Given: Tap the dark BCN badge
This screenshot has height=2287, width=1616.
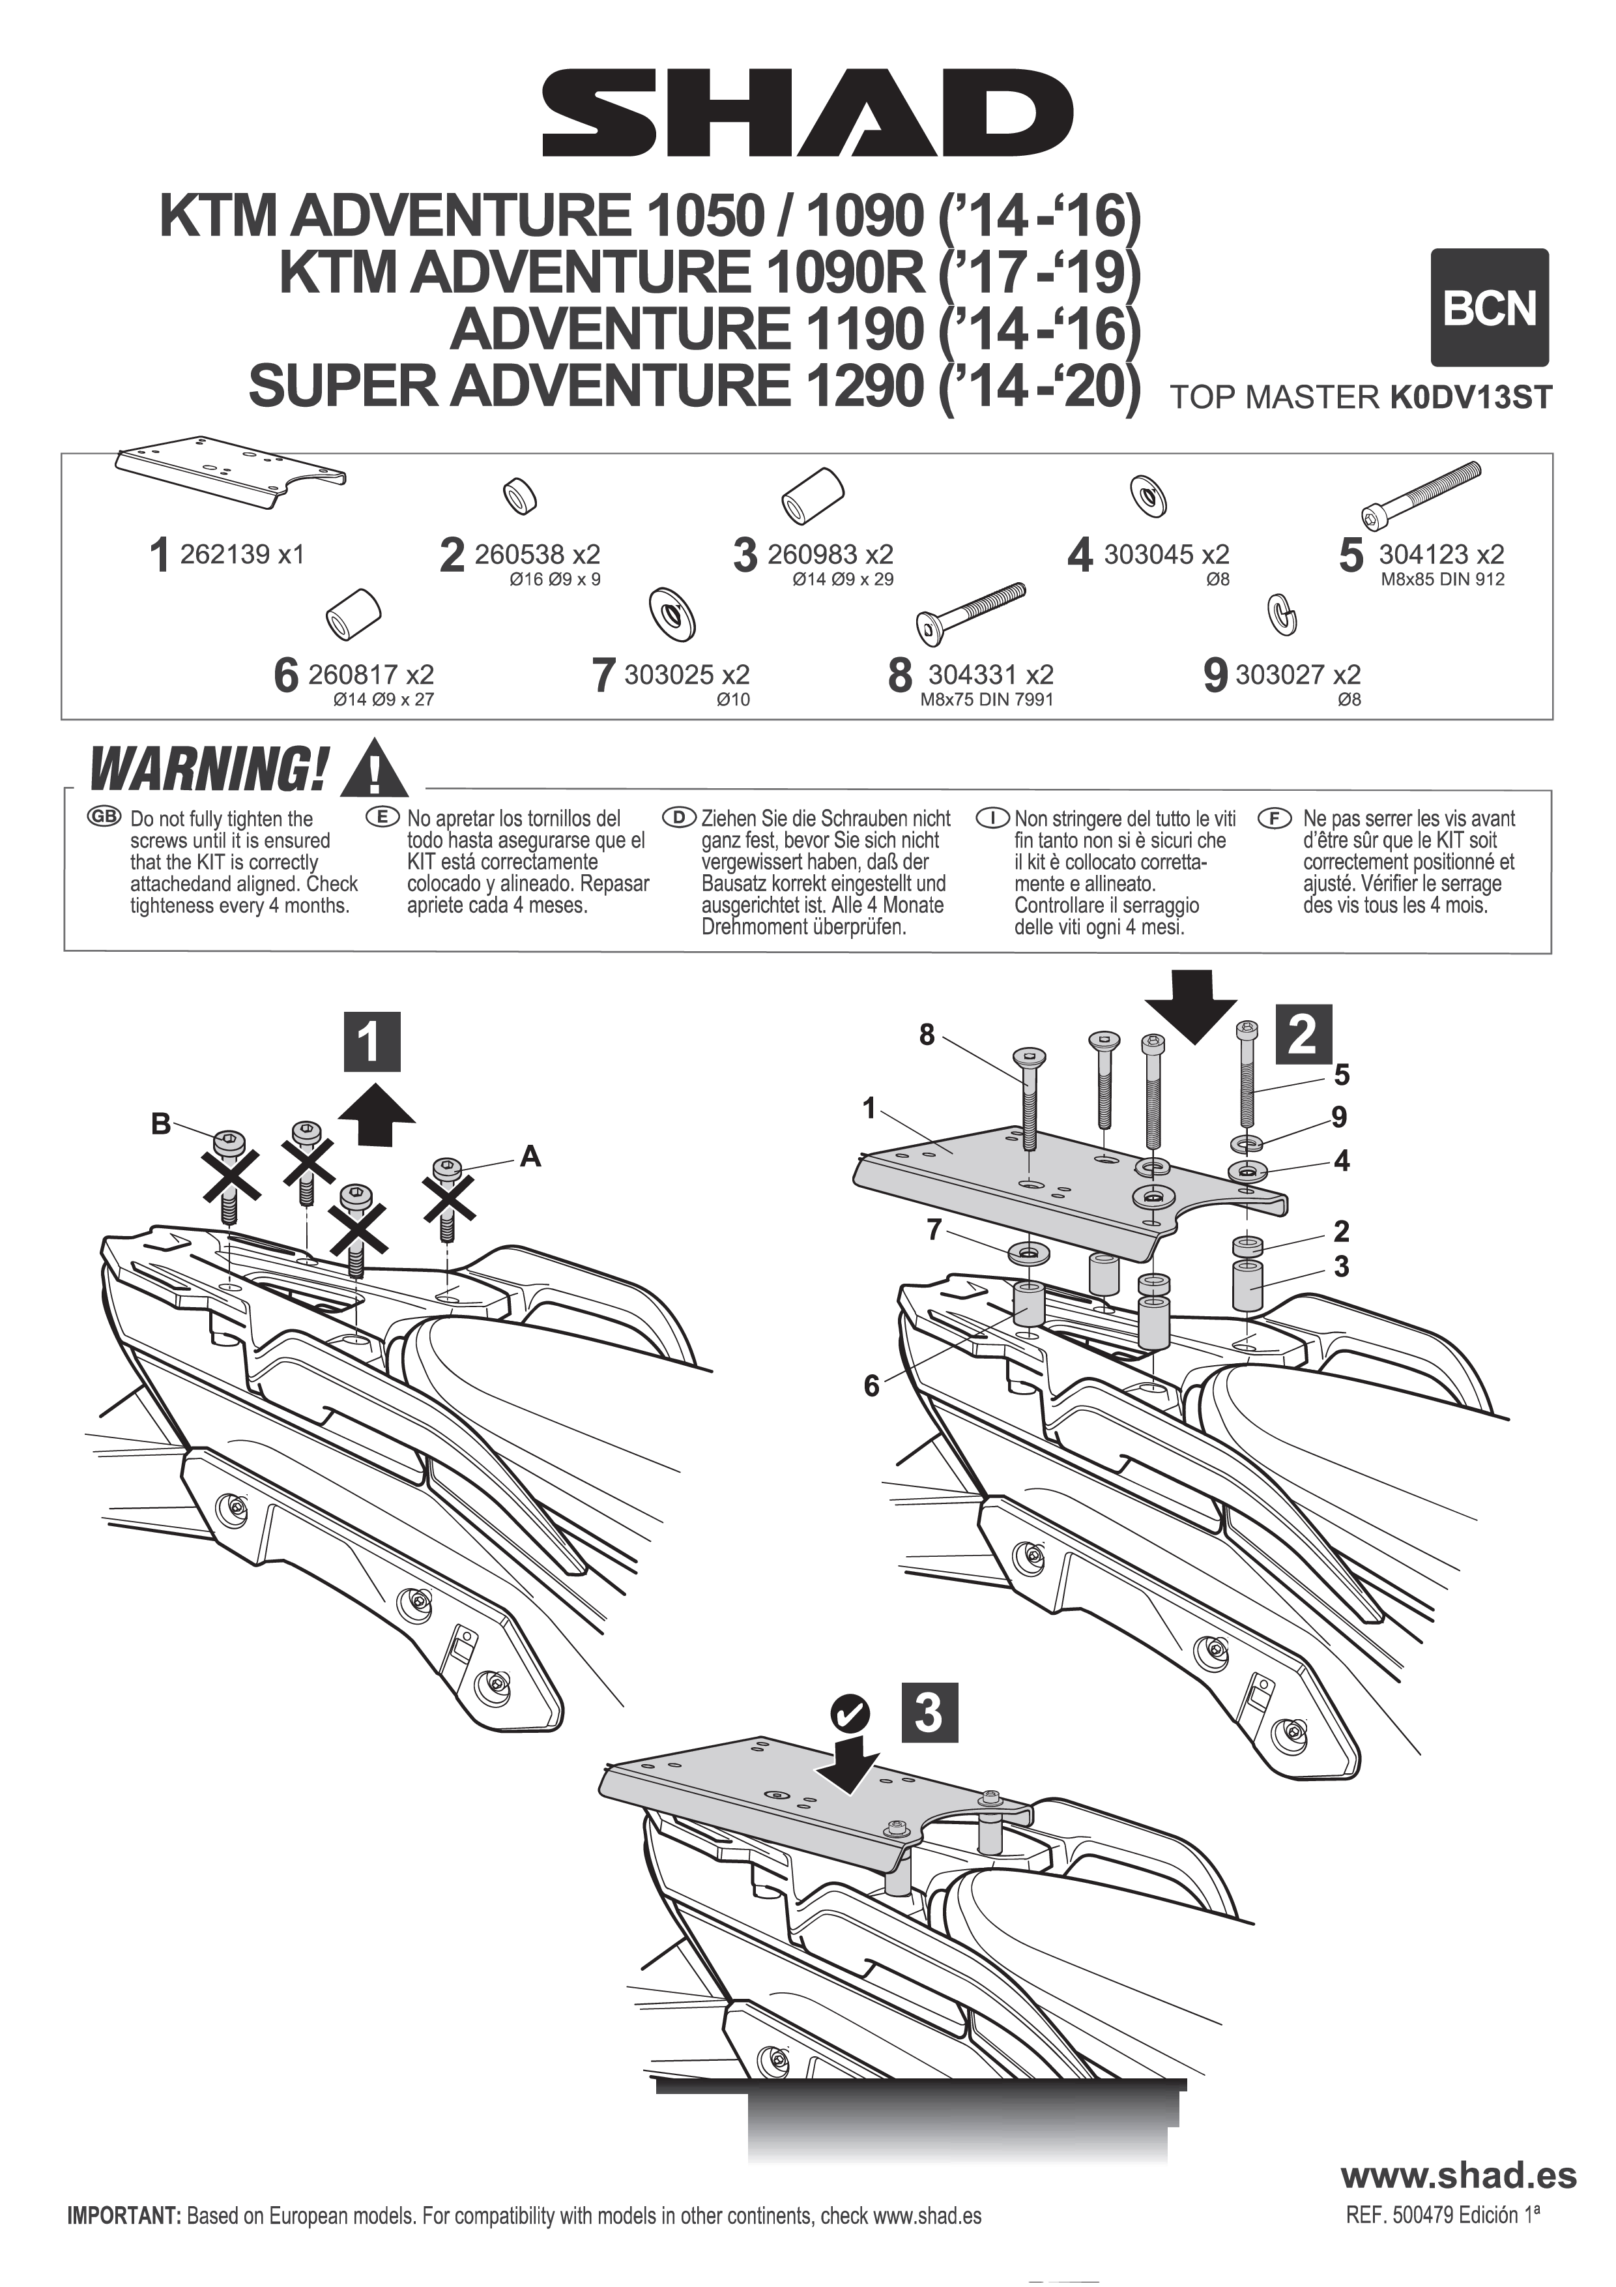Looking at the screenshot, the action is [x=1490, y=308].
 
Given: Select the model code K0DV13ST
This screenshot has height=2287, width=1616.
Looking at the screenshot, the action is [x=1469, y=398].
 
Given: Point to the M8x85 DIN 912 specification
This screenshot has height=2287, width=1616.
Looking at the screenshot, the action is [x=1442, y=580].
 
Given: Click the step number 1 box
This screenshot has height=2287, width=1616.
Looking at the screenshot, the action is [x=369, y=1042].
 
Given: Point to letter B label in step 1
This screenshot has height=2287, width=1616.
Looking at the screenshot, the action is [x=160, y=1125].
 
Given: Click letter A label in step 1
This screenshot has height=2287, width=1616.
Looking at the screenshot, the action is [x=530, y=1157].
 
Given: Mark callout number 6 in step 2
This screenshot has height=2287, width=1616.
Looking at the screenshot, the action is [x=871, y=1385].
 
